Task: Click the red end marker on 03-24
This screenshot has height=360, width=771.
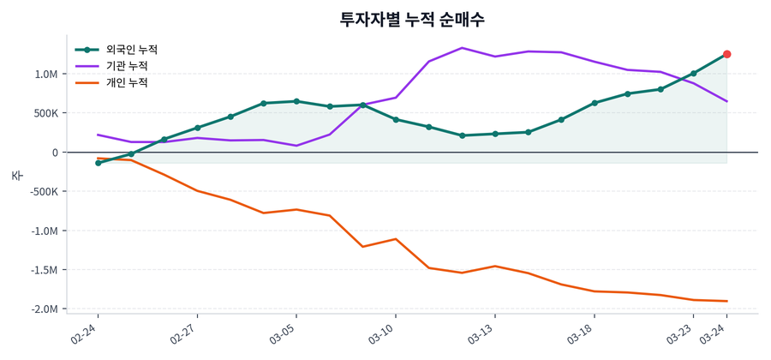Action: (x=726, y=54)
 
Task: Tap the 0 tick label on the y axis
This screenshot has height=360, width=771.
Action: (x=55, y=153)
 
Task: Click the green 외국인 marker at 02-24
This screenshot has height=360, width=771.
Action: (x=98, y=163)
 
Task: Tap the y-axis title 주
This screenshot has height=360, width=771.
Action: (x=16, y=176)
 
